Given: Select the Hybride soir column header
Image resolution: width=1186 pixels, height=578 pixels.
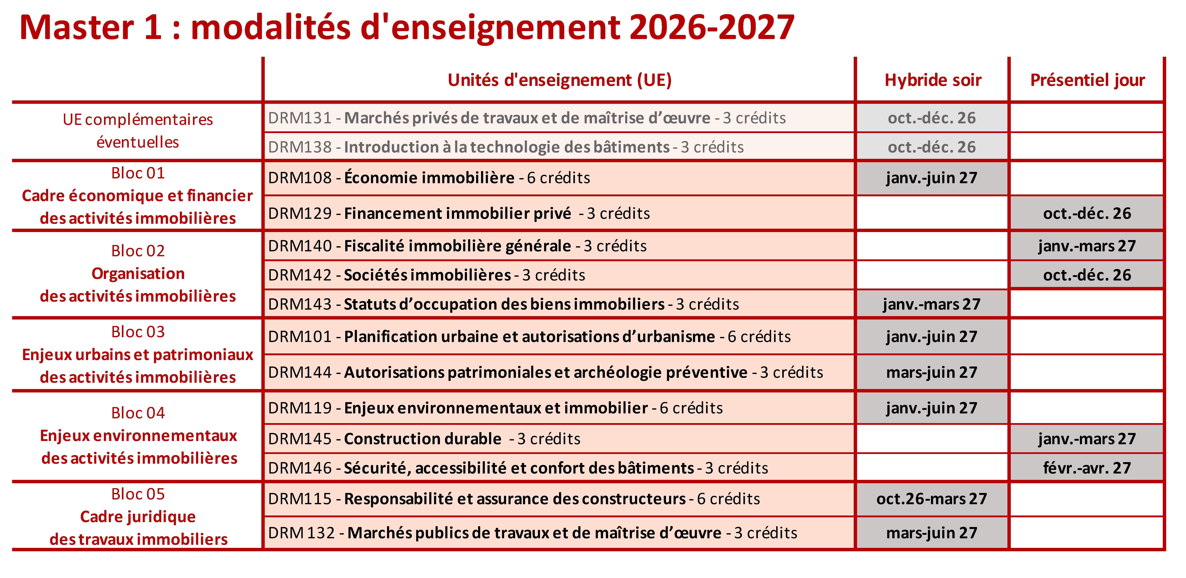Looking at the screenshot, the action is [x=933, y=80].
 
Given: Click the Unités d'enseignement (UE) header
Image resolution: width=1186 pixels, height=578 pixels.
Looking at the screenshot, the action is [x=559, y=80].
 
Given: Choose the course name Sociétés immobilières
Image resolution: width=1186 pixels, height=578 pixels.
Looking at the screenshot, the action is [x=427, y=275].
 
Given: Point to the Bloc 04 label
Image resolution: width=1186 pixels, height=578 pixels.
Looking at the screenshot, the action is [x=138, y=413].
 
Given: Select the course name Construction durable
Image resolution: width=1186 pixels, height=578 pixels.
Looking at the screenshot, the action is [x=423, y=439].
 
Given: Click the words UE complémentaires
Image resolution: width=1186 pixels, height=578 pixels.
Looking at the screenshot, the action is [x=138, y=119].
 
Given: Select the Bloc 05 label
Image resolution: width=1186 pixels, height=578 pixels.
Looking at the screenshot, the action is [x=138, y=494].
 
